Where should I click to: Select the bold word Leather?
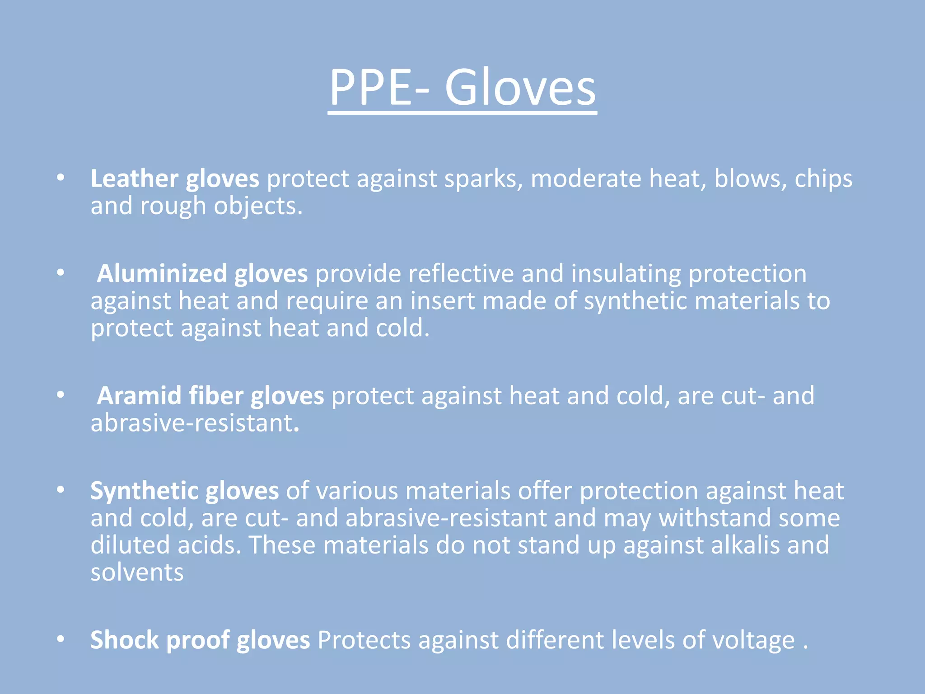(134, 178)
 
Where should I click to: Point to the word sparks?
(484, 178)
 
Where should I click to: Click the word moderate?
(586, 178)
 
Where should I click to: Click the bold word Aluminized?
(162, 274)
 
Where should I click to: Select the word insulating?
(626, 274)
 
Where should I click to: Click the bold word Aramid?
(139, 396)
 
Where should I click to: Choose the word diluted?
(130, 545)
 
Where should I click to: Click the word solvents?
(137, 572)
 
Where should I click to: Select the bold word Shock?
(125, 640)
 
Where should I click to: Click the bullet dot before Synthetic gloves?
(61, 490)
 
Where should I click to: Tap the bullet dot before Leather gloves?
(61, 178)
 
